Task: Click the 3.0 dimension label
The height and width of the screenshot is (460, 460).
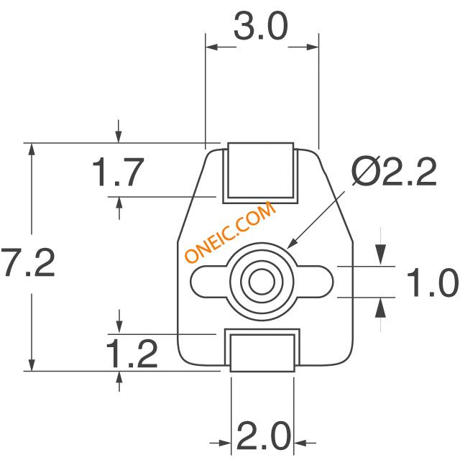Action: pyautogui.click(x=260, y=27)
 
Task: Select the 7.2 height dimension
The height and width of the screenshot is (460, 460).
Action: pyautogui.click(x=28, y=262)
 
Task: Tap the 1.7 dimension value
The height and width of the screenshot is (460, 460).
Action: pyautogui.click(x=118, y=172)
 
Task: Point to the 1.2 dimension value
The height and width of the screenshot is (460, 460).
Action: pyautogui.click(x=132, y=354)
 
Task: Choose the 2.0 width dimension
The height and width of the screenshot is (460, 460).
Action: pyautogui.click(x=263, y=436)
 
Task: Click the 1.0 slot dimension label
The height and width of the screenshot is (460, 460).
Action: pyautogui.click(x=432, y=282)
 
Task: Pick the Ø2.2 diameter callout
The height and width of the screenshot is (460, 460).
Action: pyautogui.click(x=394, y=171)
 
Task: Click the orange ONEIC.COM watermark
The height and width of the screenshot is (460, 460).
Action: pyautogui.click(x=230, y=231)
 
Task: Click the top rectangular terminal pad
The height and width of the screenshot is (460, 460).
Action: pyautogui.click(x=261, y=170)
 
